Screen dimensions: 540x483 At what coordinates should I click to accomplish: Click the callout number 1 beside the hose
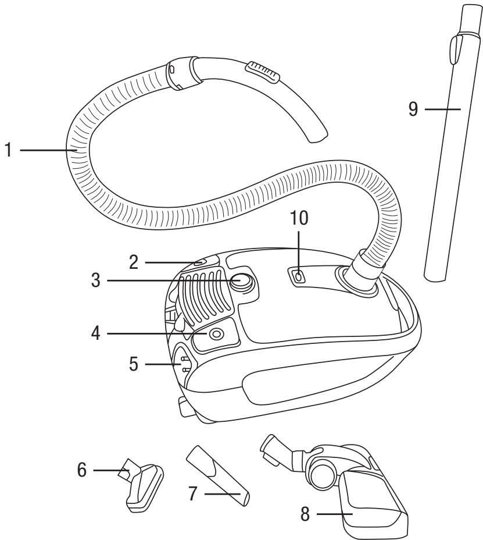pos(8,151)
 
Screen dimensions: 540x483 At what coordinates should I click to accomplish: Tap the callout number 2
pos(135,262)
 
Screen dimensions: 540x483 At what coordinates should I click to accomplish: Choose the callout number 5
pos(135,365)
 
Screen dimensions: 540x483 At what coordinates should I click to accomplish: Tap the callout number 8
pos(306,514)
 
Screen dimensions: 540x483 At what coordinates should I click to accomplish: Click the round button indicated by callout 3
pos(242,282)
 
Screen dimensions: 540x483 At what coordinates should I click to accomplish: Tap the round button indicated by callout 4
pos(216,335)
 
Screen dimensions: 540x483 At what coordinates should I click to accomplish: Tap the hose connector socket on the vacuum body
pos(357,280)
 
